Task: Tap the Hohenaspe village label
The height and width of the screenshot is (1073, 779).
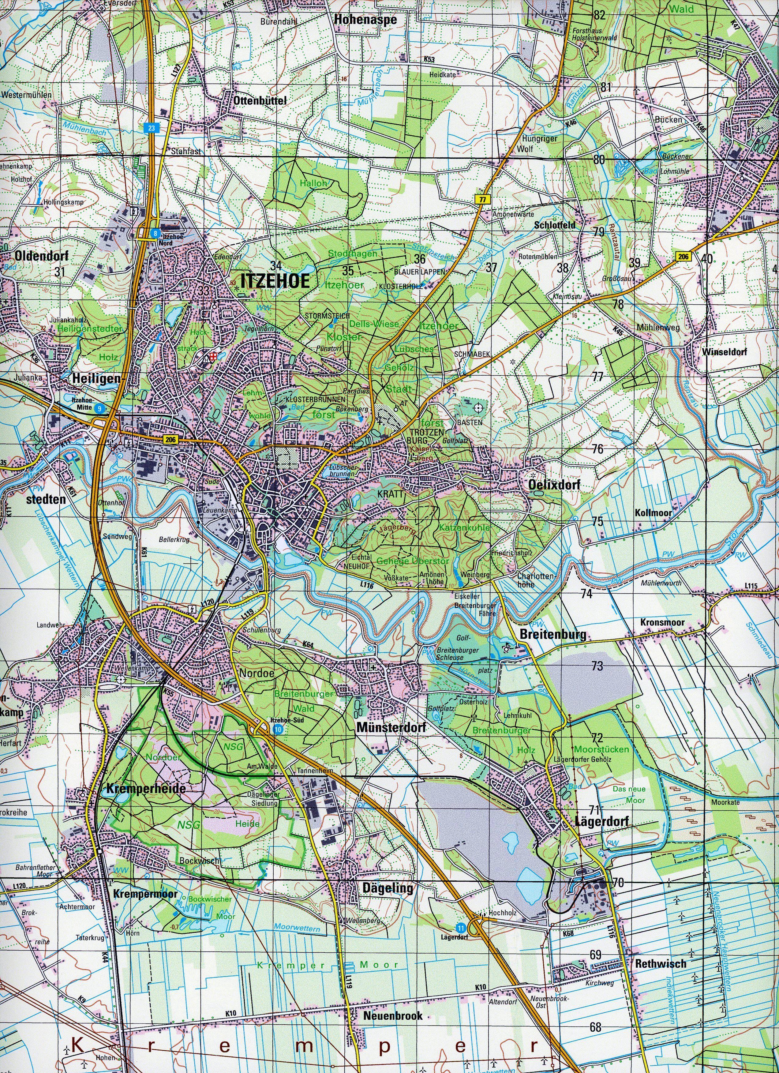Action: [x=365, y=20]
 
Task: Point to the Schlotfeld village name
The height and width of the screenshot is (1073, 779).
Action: [x=555, y=225]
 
